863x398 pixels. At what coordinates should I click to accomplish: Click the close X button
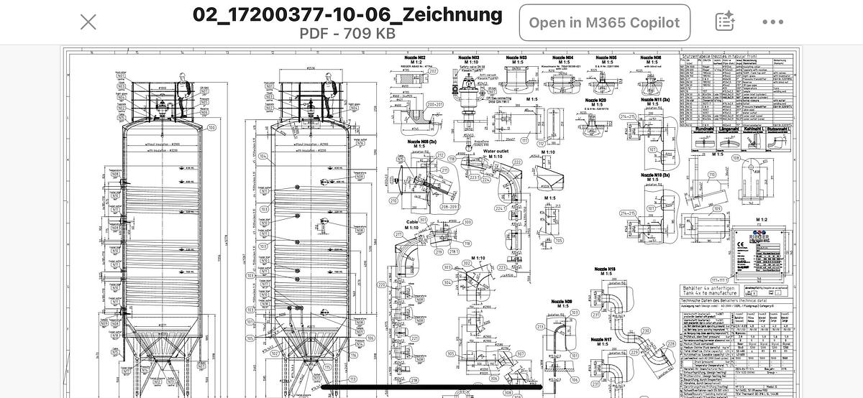click(x=88, y=22)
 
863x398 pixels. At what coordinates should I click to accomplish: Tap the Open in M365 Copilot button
click(x=604, y=22)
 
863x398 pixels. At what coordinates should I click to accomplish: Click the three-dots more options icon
click(x=773, y=22)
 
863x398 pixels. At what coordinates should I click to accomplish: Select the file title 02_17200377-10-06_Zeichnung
click(x=347, y=14)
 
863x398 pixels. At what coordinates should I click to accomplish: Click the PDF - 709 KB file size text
click(x=347, y=33)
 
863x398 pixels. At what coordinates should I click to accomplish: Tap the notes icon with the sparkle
click(x=724, y=22)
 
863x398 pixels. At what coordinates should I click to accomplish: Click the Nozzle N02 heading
click(x=415, y=57)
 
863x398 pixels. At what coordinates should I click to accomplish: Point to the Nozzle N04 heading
click(x=563, y=57)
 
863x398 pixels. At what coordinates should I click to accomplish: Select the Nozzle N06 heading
click(x=651, y=57)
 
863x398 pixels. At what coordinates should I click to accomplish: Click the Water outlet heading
click(x=496, y=152)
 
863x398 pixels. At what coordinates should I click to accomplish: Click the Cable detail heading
click(x=412, y=222)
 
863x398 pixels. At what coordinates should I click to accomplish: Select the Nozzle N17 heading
click(x=601, y=339)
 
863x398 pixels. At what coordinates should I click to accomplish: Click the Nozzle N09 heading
click(x=562, y=302)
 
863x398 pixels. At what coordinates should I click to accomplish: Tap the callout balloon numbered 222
click(x=517, y=163)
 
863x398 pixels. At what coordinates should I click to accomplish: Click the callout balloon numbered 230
click(x=646, y=330)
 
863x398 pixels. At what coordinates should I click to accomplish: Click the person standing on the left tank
click(x=185, y=93)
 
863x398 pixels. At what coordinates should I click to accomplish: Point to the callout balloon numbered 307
click(x=521, y=353)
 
